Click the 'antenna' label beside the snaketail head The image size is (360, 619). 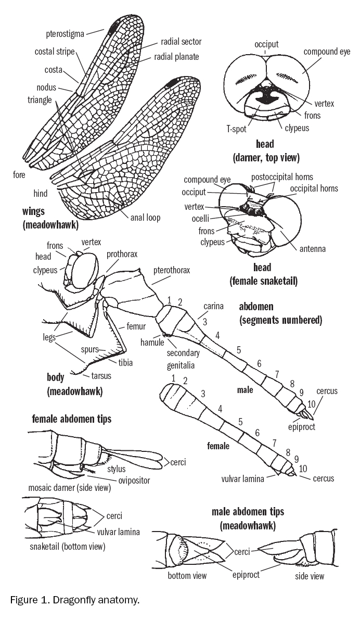pos(312,249)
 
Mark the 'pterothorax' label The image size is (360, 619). pos(172,270)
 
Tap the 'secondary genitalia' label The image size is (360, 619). pos(186,357)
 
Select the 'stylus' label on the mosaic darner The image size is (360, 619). pos(117,470)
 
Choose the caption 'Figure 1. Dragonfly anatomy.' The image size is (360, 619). pos(75,600)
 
